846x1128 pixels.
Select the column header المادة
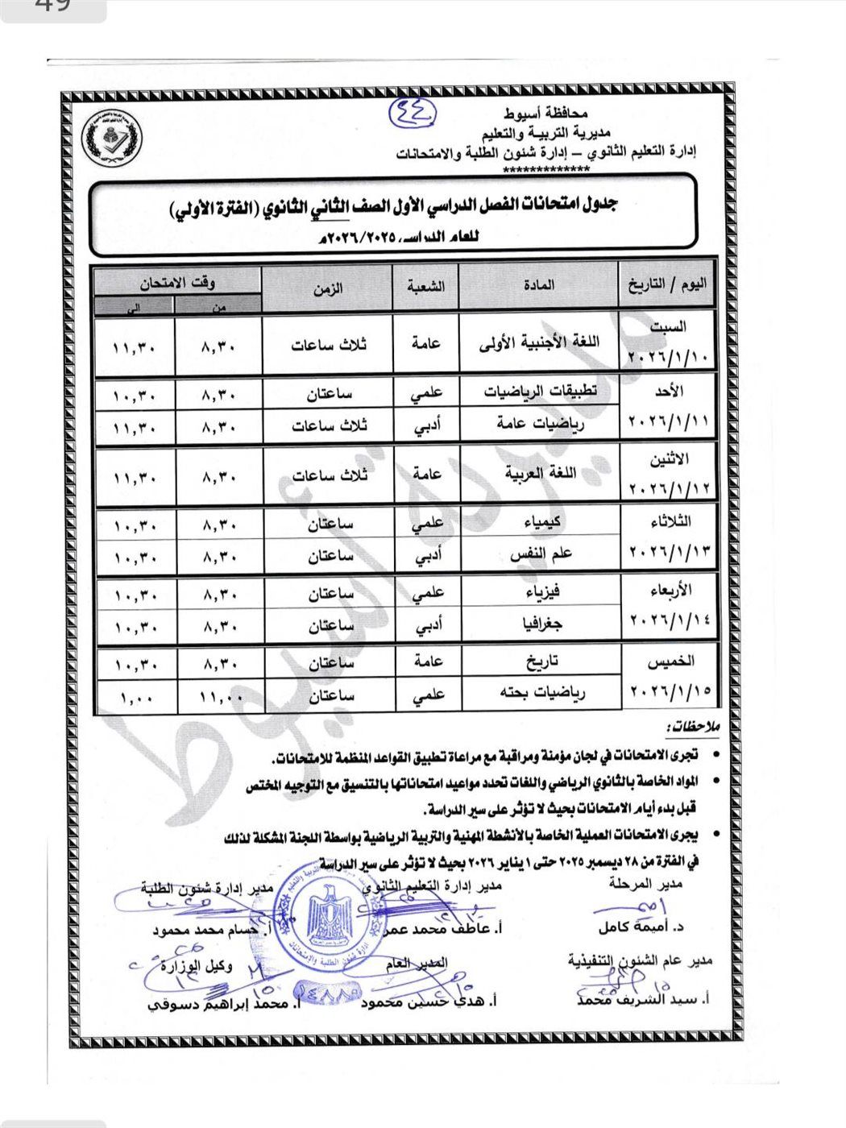point(538,285)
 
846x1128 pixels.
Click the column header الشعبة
point(425,286)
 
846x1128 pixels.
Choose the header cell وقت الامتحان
point(178,282)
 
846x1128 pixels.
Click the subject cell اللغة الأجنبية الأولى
point(538,342)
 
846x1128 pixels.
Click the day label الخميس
point(671,661)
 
